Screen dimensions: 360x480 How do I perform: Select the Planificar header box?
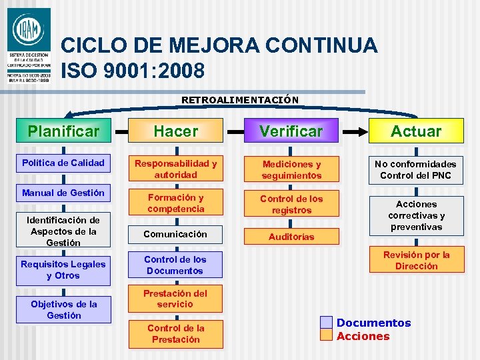coord(63,131)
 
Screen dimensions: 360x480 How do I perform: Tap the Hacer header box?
coord(176,131)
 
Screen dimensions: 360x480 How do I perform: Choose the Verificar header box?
coord(291,131)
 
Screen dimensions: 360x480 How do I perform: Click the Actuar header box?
coord(416,131)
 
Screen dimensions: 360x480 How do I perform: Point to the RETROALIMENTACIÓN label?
coord(240,100)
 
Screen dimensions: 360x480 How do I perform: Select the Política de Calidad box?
coord(63,163)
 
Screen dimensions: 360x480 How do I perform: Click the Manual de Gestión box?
coord(63,193)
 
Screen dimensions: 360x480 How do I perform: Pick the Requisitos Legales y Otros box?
coord(63,270)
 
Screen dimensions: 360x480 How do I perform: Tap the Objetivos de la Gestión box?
coord(63,310)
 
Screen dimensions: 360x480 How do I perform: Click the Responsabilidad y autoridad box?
coord(176,169)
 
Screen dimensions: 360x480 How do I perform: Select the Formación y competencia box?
coord(176,203)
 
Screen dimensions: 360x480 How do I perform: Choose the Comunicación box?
coord(176,234)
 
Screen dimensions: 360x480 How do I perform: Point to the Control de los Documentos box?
coord(176,265)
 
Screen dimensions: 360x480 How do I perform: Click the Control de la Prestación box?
coord(176,334)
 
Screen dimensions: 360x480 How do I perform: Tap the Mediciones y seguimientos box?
coord(291,170)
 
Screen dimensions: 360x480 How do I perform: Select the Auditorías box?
coord(291,237)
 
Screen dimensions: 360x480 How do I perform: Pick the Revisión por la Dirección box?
coord(416,261)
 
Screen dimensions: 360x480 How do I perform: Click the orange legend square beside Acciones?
coord(325,335)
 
